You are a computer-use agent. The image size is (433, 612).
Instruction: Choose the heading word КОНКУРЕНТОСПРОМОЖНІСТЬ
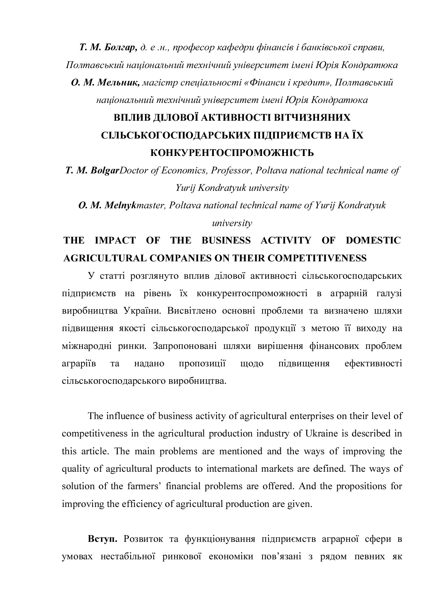(x=232, y=153)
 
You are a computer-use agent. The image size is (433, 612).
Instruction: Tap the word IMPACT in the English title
(x=115, y=240)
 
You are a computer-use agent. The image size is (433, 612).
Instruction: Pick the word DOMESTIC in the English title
(x=373, y=240)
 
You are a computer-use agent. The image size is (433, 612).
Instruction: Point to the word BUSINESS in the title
(x=226, y=240)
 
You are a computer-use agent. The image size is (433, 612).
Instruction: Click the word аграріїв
(x=76, y=364)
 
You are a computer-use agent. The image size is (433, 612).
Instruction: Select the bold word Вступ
(x=102, y=539)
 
